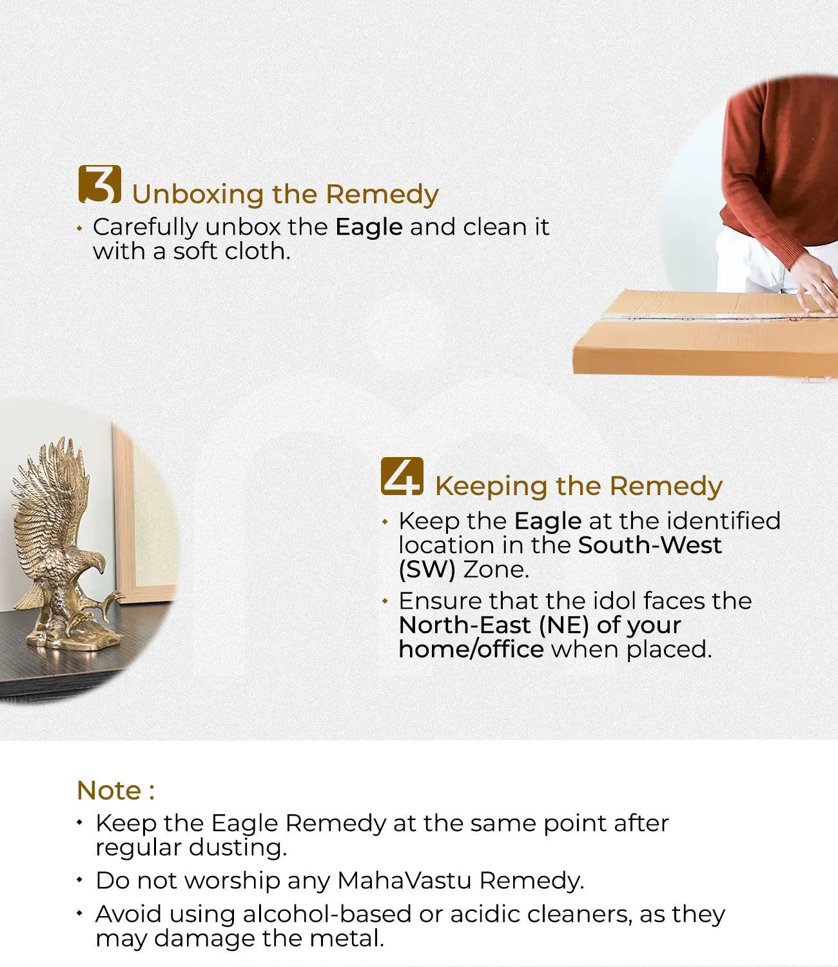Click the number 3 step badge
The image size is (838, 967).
tap(100, 184)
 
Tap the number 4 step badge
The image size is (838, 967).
tap(402, 476)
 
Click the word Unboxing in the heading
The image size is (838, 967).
tap(198, 195)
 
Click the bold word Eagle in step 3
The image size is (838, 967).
tap(369, 228)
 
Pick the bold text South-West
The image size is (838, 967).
tap(650, 545)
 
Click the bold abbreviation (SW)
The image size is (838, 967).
tap(427, 570)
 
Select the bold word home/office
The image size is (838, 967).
tap(471, 649)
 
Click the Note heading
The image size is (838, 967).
tap(115, 791)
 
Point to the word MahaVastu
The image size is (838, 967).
tap(404, 881)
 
